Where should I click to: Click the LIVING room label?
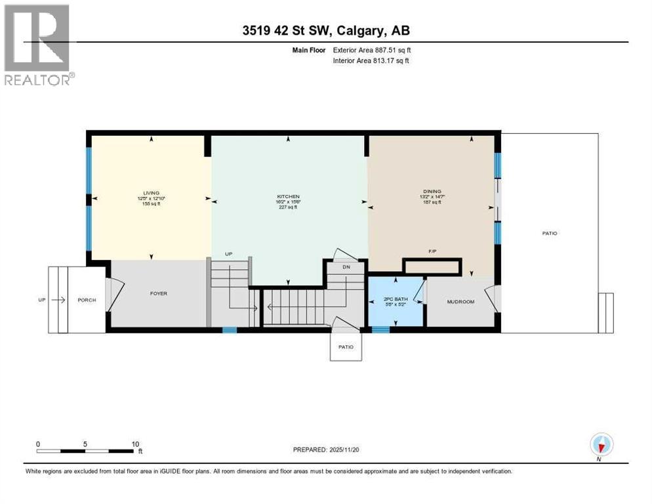coord(151,193)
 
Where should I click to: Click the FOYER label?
coord(158,293)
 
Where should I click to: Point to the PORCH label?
coord(87,300)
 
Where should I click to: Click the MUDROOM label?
coord(460,302)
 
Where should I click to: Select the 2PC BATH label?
coord(396,299)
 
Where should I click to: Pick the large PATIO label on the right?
coord(550,233)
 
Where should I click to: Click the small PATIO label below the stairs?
coord(346,347)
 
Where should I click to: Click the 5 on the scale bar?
coord(85,444)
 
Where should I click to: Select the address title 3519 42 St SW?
coord(325,31)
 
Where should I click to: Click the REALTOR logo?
coord(38,45)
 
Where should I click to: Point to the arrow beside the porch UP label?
coord(58,300)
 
